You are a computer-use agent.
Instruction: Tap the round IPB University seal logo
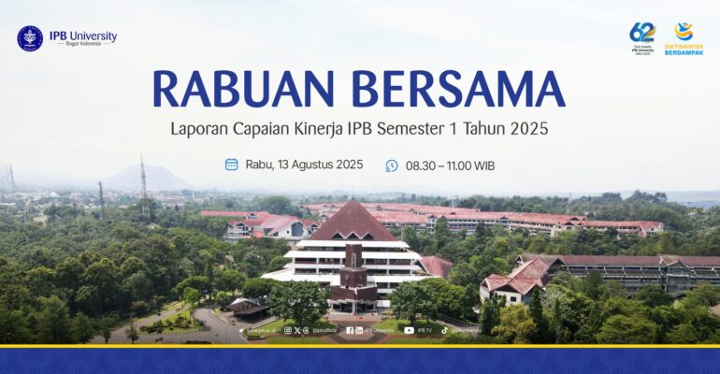point(30,38)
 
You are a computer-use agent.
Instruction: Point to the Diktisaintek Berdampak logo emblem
point(684,32)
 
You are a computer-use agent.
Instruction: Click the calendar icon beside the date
point(231,165)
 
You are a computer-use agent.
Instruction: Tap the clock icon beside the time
point(392,165)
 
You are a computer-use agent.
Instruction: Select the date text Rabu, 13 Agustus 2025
point(304,165)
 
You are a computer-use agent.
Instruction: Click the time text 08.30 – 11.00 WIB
point(450,165)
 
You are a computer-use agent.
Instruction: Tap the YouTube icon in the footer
point(409,330)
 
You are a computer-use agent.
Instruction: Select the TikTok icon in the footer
point(444,330)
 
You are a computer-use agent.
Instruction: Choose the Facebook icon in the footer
point(350,330)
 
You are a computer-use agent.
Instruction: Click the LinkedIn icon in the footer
point(359,330)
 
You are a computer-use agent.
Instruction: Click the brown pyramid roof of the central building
point(351,223)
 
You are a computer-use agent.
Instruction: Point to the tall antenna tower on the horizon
point(143,182)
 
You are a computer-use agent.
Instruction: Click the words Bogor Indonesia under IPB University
point(83,44)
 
